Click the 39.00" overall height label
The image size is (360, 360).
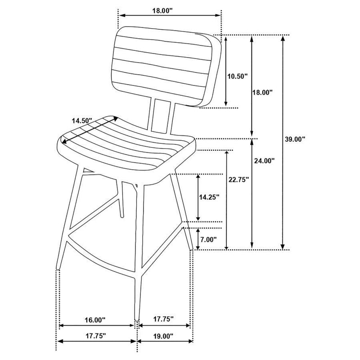[295, 139]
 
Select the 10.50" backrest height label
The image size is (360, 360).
[237, 76]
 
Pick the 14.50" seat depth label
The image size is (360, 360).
[81, 120]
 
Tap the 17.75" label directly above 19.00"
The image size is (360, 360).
[162, 320]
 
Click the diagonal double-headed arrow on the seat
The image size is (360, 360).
[88, 131]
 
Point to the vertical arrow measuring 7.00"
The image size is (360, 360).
[198, 238]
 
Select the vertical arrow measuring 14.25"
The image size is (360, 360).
[198, 197]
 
